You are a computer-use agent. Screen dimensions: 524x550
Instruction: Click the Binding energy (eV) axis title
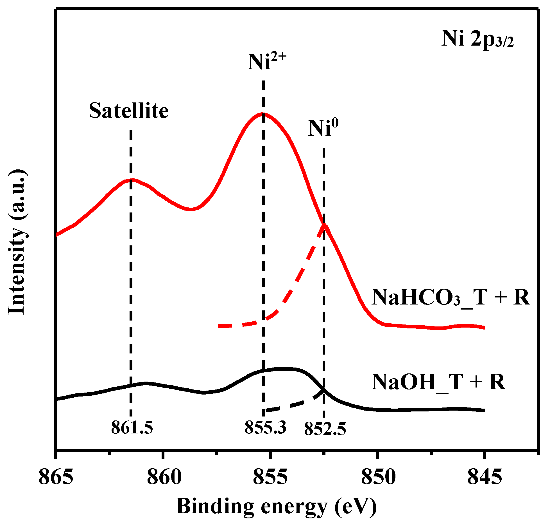[x=276, y=507]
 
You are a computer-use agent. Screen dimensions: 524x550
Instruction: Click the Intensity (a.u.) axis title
[x=17, y=242]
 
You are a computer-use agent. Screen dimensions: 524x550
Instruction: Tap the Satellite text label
[x=129, y=111]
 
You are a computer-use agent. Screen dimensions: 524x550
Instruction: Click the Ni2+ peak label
[x=267, y=61]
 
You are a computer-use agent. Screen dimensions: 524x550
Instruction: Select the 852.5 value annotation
[x=325, y=429]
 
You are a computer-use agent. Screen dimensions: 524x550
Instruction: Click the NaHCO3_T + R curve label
[x=451, y=297]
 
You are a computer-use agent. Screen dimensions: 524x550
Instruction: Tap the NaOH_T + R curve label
[x=438, y=382]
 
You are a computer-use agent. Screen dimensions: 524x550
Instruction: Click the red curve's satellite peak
[x=131, y=180]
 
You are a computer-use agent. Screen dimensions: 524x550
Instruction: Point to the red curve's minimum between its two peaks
[x=191, y=209]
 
